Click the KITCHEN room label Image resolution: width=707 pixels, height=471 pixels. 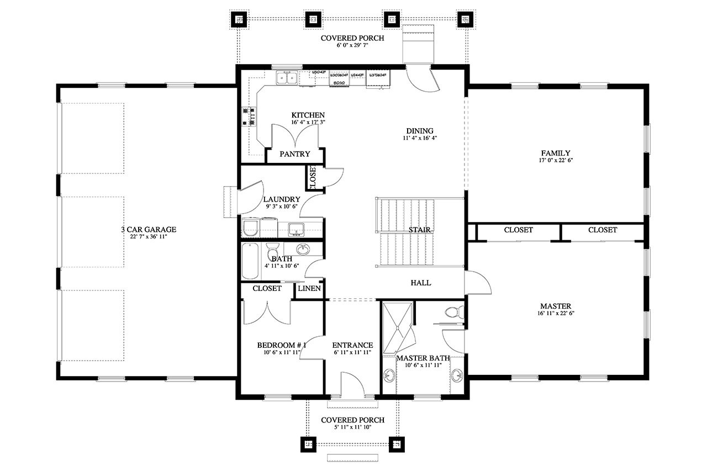[x=308, y=115]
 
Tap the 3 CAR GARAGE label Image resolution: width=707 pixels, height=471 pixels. [x=149, y=229]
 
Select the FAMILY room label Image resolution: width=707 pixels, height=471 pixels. [x=556, y=153]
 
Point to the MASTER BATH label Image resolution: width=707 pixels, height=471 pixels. [x=423, y=358]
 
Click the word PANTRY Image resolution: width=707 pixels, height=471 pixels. [x=294, y=154]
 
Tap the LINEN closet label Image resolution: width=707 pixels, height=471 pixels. [x=309, y=288]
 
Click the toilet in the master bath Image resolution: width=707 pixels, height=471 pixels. [x=452, y=312]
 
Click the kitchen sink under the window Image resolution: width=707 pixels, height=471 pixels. [x=287, y=78]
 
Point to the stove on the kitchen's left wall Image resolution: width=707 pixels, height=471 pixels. [x=247, y=116]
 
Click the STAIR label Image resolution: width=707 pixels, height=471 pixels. [x=420, y=229]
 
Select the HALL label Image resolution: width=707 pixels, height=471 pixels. [x=421, y=283]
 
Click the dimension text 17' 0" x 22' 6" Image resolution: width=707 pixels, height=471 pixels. [x=556, y=161]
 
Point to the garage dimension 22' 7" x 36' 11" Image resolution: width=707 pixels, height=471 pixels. [x=149, y=237]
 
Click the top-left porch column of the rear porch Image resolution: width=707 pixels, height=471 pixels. [x=239, y=20]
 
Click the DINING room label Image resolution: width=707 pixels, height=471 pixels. [x=420, y=131]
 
